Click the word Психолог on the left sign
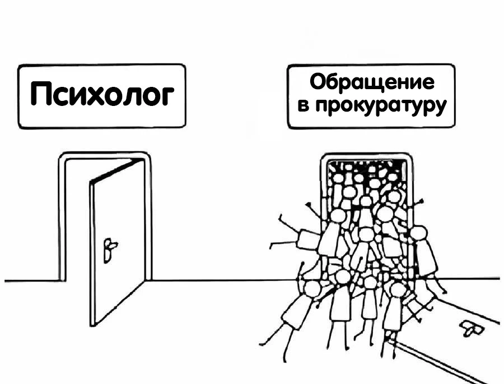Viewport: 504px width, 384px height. pos(102,94)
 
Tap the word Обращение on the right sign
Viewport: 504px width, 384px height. pos(372,82)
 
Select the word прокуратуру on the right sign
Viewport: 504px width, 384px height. pos(381,105)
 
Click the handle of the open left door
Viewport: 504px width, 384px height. pos(109,250)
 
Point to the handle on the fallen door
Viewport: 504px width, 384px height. pos(472,329)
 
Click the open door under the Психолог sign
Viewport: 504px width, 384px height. pos(118,242)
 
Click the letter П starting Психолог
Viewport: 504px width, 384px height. pos(41,94)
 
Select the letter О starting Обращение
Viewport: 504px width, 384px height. pos(319,82)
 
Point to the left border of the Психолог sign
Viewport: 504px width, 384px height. pos(19,96)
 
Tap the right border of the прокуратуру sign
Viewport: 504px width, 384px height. pos(454,96)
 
